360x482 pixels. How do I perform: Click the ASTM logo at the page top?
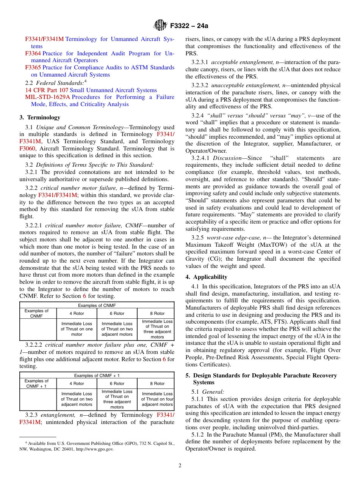[x=160, y=26]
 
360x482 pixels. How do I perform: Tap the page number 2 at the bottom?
[x=180, y=466]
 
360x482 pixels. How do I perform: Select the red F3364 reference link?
[x=33, y=53]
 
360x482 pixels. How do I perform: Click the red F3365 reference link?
[x=33, y=67]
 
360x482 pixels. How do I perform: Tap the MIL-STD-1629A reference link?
[x=47, y=97]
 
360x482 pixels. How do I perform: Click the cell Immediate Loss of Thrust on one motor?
[x=77, y=329]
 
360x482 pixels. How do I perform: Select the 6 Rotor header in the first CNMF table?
[x=117, y=313]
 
